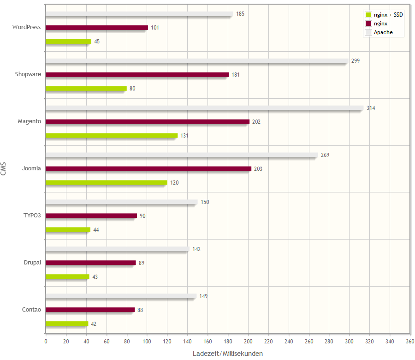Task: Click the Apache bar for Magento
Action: [x=204, y=108]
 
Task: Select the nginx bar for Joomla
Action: [x=148, y=168]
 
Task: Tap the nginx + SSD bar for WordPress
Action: [x=68, y=42]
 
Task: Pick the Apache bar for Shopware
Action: [x=197, y=61]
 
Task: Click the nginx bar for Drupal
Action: [x=91, y=263]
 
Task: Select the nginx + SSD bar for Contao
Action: [x=67, y=324]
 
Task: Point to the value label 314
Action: [x=371, y=108]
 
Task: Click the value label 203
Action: [x=258, y=169]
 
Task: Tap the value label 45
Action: [x=97, y=42]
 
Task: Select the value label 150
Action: [x=205, y=202]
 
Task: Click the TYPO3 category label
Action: [x=32, y=216]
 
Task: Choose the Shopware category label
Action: [x=28, y=74]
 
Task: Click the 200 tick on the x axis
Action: [x=248, y=342]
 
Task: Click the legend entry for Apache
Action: [x=383, y=32]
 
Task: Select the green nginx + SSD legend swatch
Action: [x=368, y=15]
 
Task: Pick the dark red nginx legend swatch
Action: [x=368, y=24]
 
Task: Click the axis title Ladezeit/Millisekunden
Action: [x=228, y=353]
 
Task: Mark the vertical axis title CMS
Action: [x=4, y=169]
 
